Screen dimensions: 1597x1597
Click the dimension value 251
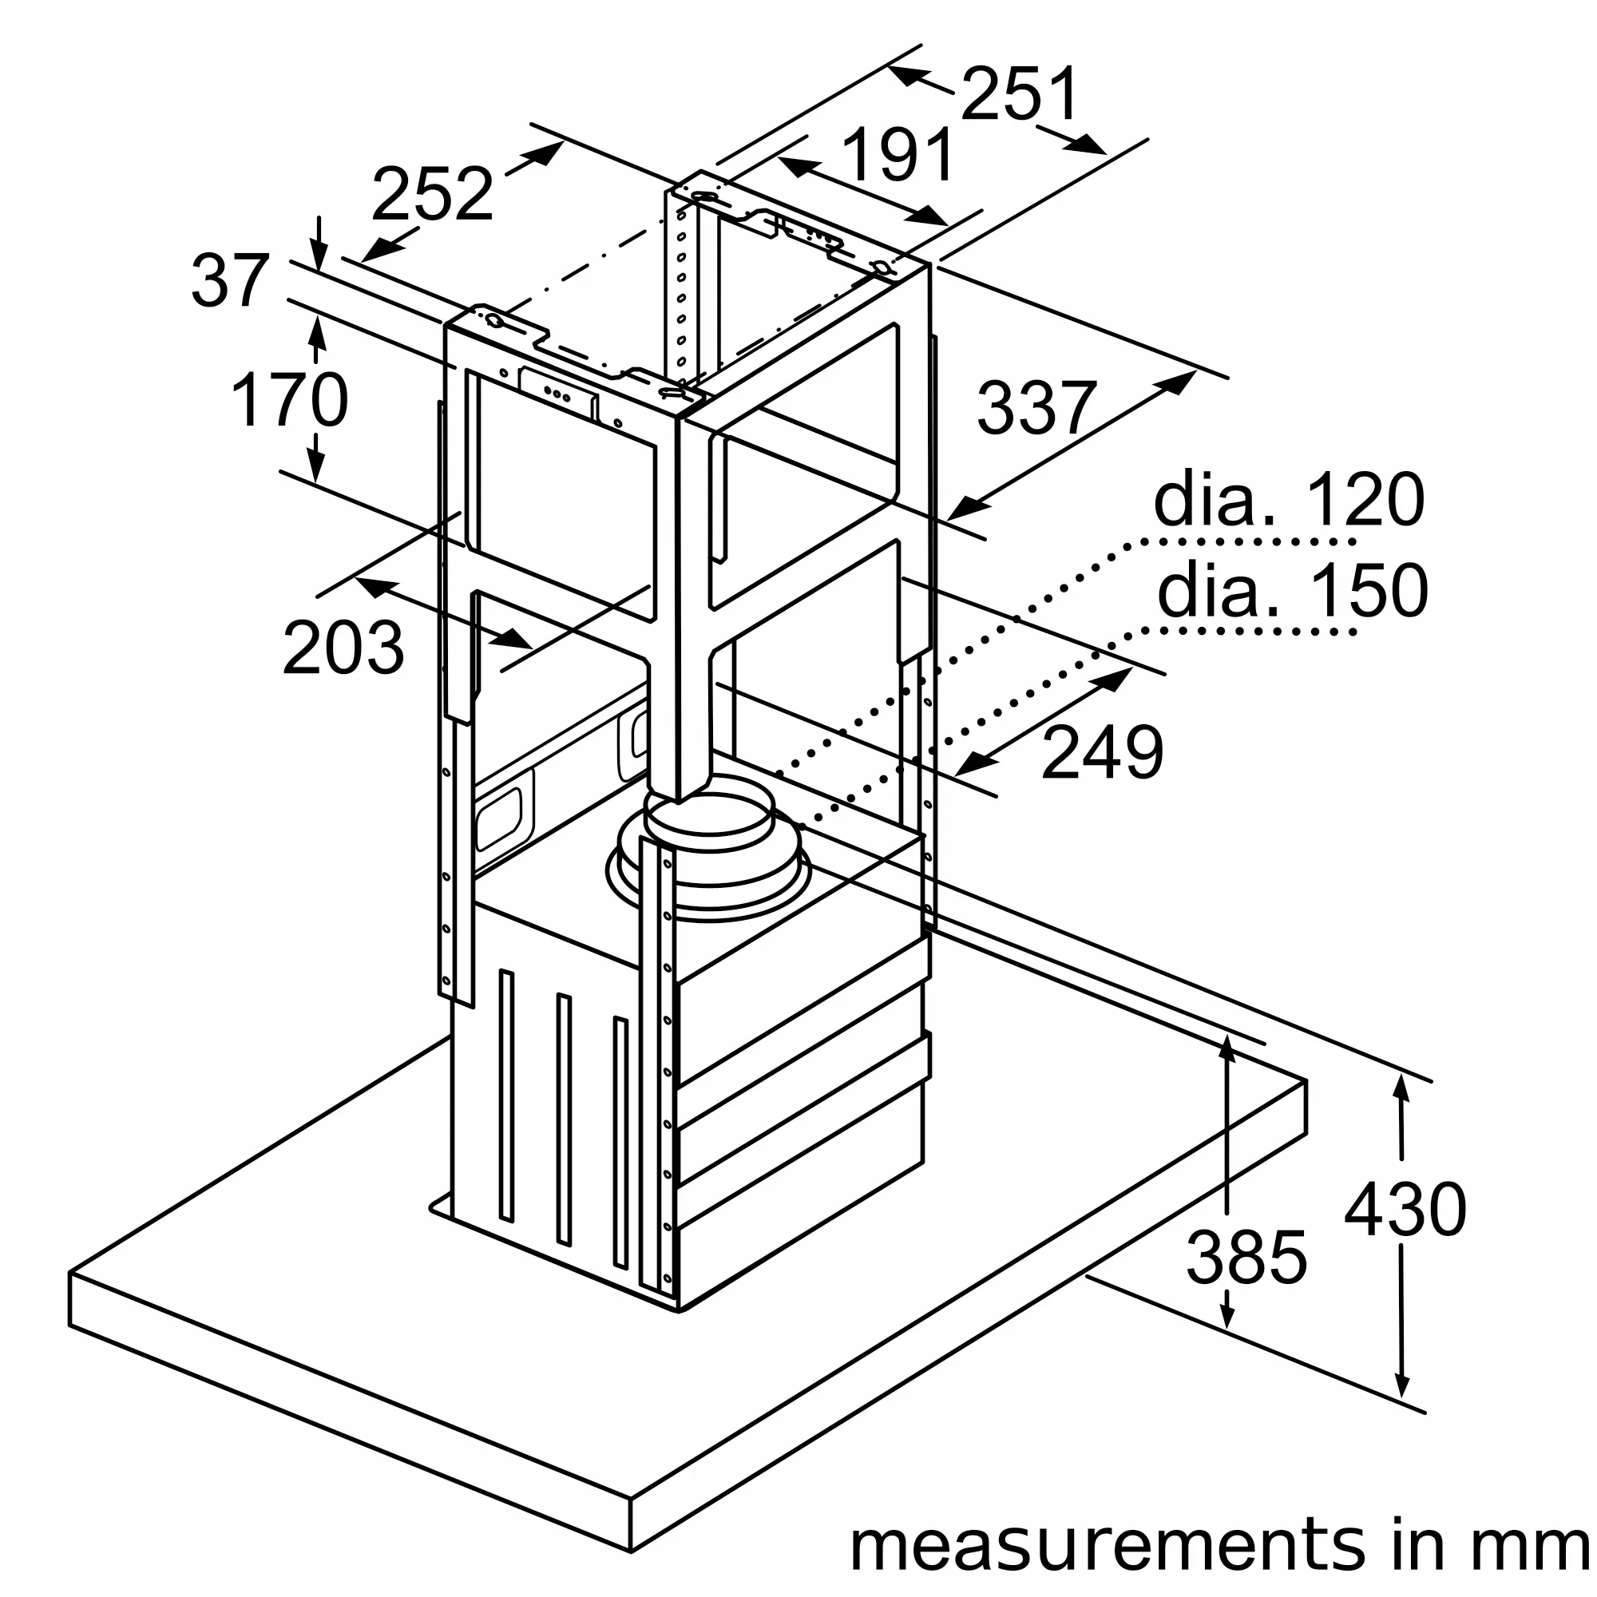[1020, 94]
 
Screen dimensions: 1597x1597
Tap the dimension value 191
[898, 155]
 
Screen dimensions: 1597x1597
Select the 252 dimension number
[431, 193]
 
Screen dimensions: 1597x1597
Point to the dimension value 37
[230, 281]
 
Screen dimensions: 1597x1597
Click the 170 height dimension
[289, 401]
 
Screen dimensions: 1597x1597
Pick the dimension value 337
[1036, 407]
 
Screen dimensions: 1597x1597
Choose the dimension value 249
[1102, 752]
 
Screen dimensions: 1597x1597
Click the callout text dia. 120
[1289, 499]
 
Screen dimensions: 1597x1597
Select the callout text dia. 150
[1292, 590]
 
